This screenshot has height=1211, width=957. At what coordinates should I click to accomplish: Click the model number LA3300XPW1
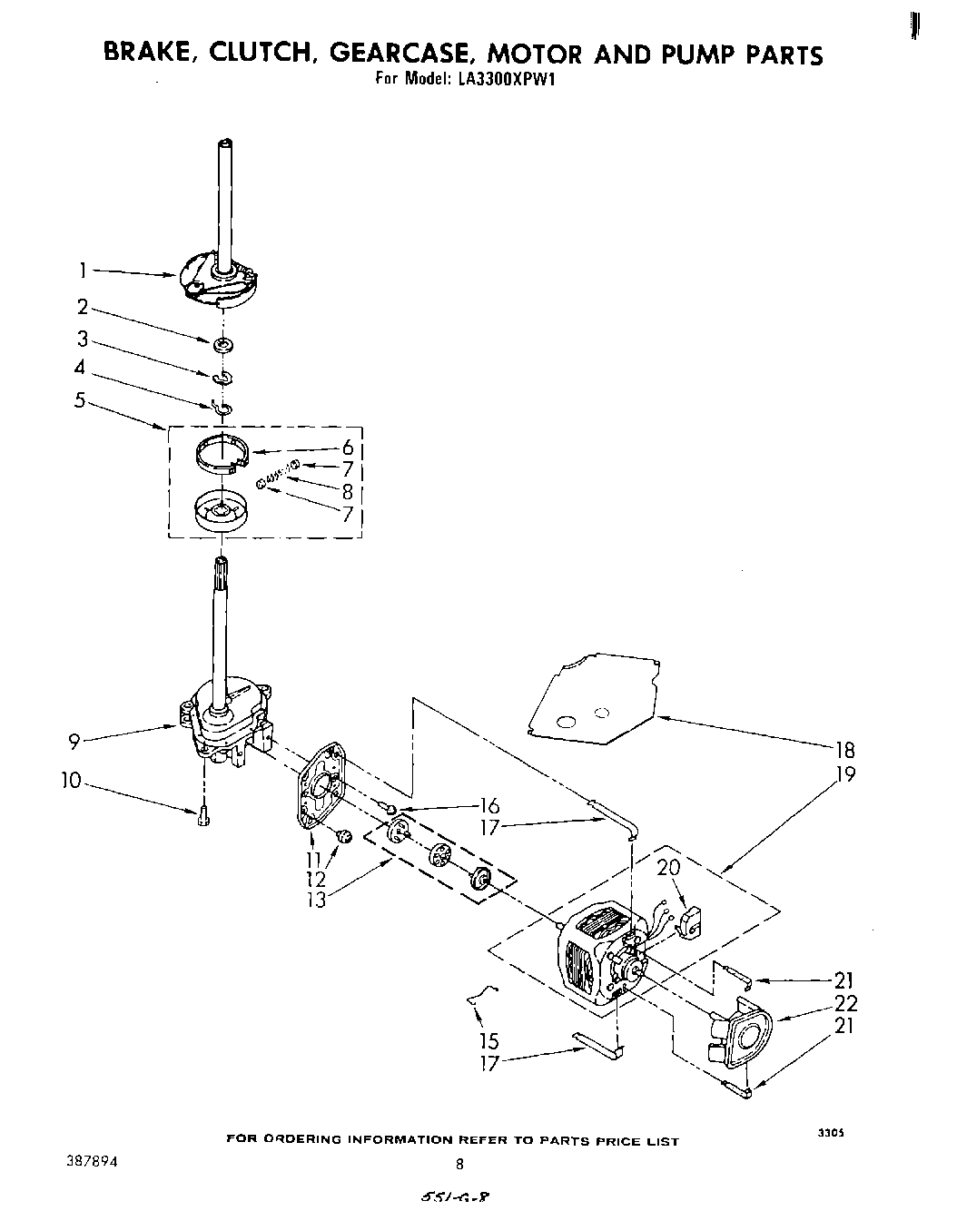coord(506,78)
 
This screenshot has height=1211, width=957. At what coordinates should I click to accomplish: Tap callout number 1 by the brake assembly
coord(83,269)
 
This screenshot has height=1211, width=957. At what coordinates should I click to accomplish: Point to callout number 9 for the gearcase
coord(75,742)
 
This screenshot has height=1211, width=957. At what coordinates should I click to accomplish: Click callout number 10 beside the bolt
coord(72,781)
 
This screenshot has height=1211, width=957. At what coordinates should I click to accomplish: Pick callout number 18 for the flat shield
coord(844,750)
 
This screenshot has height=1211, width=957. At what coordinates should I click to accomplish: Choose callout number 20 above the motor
coord(667,867)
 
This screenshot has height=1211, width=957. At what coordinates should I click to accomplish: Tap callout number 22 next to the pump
coord(846,1003)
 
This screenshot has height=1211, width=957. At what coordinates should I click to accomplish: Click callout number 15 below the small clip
coord(489,1041)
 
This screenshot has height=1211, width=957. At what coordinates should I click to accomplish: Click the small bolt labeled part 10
coord(202,816)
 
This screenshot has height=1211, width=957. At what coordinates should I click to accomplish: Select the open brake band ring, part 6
coord(223,454)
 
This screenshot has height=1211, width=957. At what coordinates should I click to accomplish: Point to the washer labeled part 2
coord(222,345)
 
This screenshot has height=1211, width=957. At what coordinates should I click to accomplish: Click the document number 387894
coord(91,1161)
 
